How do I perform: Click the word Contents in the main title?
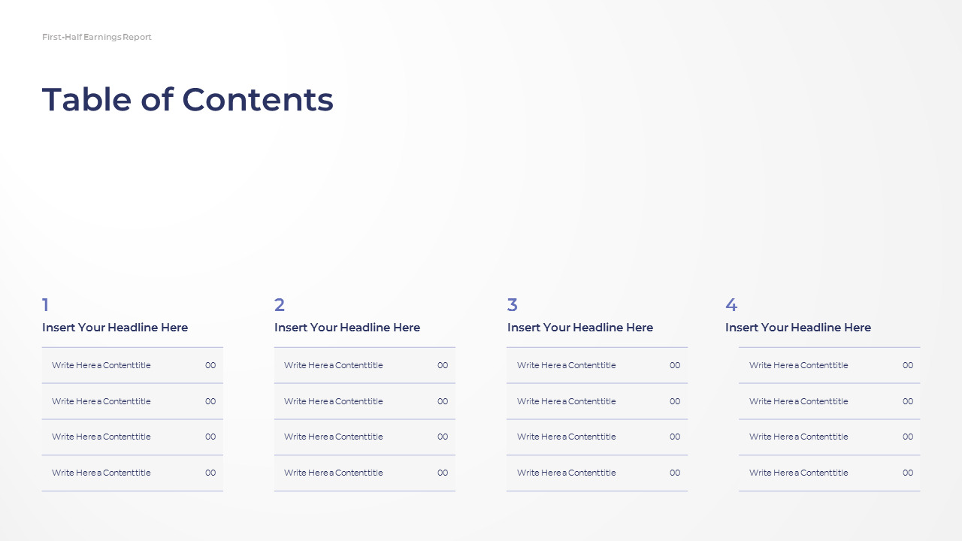coord(258,100)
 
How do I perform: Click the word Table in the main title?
coord(86,99)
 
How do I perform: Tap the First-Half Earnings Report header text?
coord(97,37)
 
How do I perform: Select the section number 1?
coord(46,305)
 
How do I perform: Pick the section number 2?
coord(279,305)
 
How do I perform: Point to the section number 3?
coord(513,305)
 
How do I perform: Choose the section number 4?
coord(731,305)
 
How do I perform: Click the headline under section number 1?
coord(115,328)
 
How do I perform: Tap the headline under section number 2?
coord(347,328)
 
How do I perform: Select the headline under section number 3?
coord(580,328)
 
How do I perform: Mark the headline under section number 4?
coord(798,328)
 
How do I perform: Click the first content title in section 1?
coord(101,365)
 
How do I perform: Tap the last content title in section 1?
coord(101,473)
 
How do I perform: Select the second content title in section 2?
coord(333,401)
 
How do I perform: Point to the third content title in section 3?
coord(567,437)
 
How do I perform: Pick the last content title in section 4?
coord(799,473)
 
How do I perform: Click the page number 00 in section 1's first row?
coord(210,365)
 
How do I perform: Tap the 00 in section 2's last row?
coord(443,473)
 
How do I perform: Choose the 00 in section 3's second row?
coord(675,401)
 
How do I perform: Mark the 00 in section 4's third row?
coord(908,437)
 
